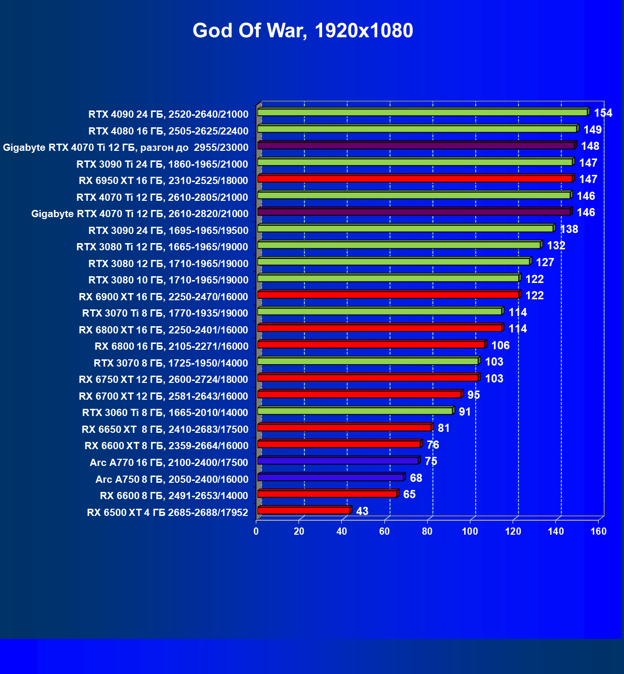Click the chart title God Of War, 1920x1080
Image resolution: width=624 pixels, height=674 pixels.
(x=302, y=31)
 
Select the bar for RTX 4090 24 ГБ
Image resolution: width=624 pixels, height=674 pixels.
(x=422, y=112)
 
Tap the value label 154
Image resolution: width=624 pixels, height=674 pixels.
(x=603, y=113)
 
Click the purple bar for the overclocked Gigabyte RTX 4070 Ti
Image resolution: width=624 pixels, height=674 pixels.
(x=416, y=145)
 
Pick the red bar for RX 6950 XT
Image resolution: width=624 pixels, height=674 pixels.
(x=415, y=179)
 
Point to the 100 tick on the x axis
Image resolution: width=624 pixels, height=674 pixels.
(x=470, y=531)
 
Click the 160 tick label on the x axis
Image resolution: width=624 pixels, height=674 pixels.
(x=598, y=531)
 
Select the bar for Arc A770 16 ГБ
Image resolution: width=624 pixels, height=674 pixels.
(x=338, y=461)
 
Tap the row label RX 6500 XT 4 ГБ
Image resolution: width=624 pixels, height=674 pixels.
(x=168, y=513)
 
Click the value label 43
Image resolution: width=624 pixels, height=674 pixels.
(x=362, y=511)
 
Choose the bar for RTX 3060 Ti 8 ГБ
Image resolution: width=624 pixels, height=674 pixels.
(x=355, y=411)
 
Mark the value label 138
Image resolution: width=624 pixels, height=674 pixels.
(x=569, y=229)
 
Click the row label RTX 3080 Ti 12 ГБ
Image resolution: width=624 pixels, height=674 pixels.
(x=162, y=247)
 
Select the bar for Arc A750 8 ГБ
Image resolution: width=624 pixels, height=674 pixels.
(x=330, y=478)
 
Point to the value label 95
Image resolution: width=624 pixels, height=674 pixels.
(x=473, y=395)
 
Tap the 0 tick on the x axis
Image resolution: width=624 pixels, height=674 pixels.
(x=256, y=531)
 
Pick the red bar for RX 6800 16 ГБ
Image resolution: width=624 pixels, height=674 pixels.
(x=371, y=344)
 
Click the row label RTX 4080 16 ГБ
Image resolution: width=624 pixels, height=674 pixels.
(x=168, y=131)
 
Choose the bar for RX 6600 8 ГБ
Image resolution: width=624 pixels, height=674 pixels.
(x=327, y=494)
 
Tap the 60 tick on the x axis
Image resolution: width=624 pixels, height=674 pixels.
(x=384, y=531)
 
